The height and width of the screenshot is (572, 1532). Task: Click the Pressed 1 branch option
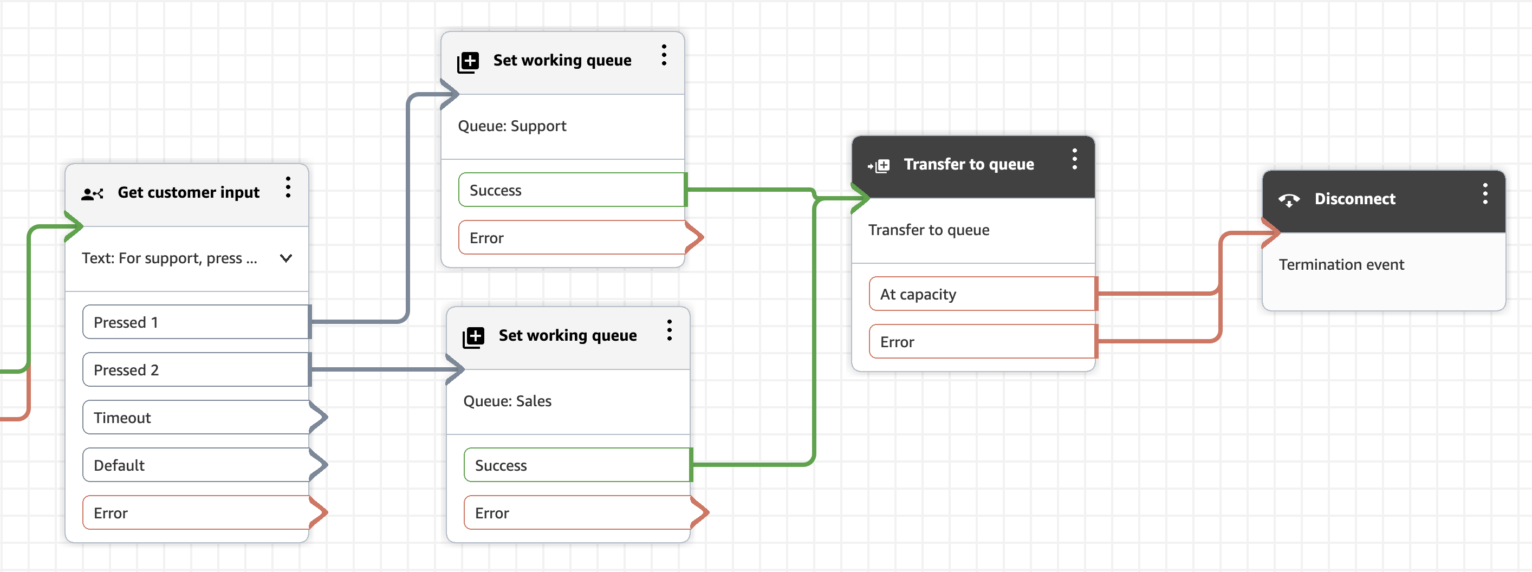click(196, 322)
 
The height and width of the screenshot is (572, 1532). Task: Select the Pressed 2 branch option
click(196, 369)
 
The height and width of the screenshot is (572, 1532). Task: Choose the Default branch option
click(196, 464)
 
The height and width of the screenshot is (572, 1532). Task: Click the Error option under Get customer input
click(196, 512)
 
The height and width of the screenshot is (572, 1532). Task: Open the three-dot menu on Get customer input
click(288, 187)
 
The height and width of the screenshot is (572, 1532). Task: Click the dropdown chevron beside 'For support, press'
click(286, 258)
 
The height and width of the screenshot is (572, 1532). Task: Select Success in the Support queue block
click(572, 190)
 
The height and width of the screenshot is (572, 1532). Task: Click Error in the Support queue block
click(572, 237)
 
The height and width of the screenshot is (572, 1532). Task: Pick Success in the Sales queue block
click(577, 464)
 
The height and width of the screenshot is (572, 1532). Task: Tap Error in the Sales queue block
click(577, 512)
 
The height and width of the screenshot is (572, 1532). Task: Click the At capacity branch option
click(983, 293)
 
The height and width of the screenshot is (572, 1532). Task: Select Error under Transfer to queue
click(983, 341)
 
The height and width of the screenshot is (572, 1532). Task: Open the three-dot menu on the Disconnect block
click(1485, 194)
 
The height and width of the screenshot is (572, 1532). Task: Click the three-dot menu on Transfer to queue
click(1075, 159)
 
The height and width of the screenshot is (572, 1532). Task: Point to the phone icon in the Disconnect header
click(1289, 200)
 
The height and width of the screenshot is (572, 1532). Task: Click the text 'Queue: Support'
click(512, 126)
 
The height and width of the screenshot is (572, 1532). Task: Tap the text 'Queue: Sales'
click(507, 401)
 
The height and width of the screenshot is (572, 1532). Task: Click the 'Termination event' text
click(1341, 264)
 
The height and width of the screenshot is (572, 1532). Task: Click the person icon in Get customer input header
click(92, 194)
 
